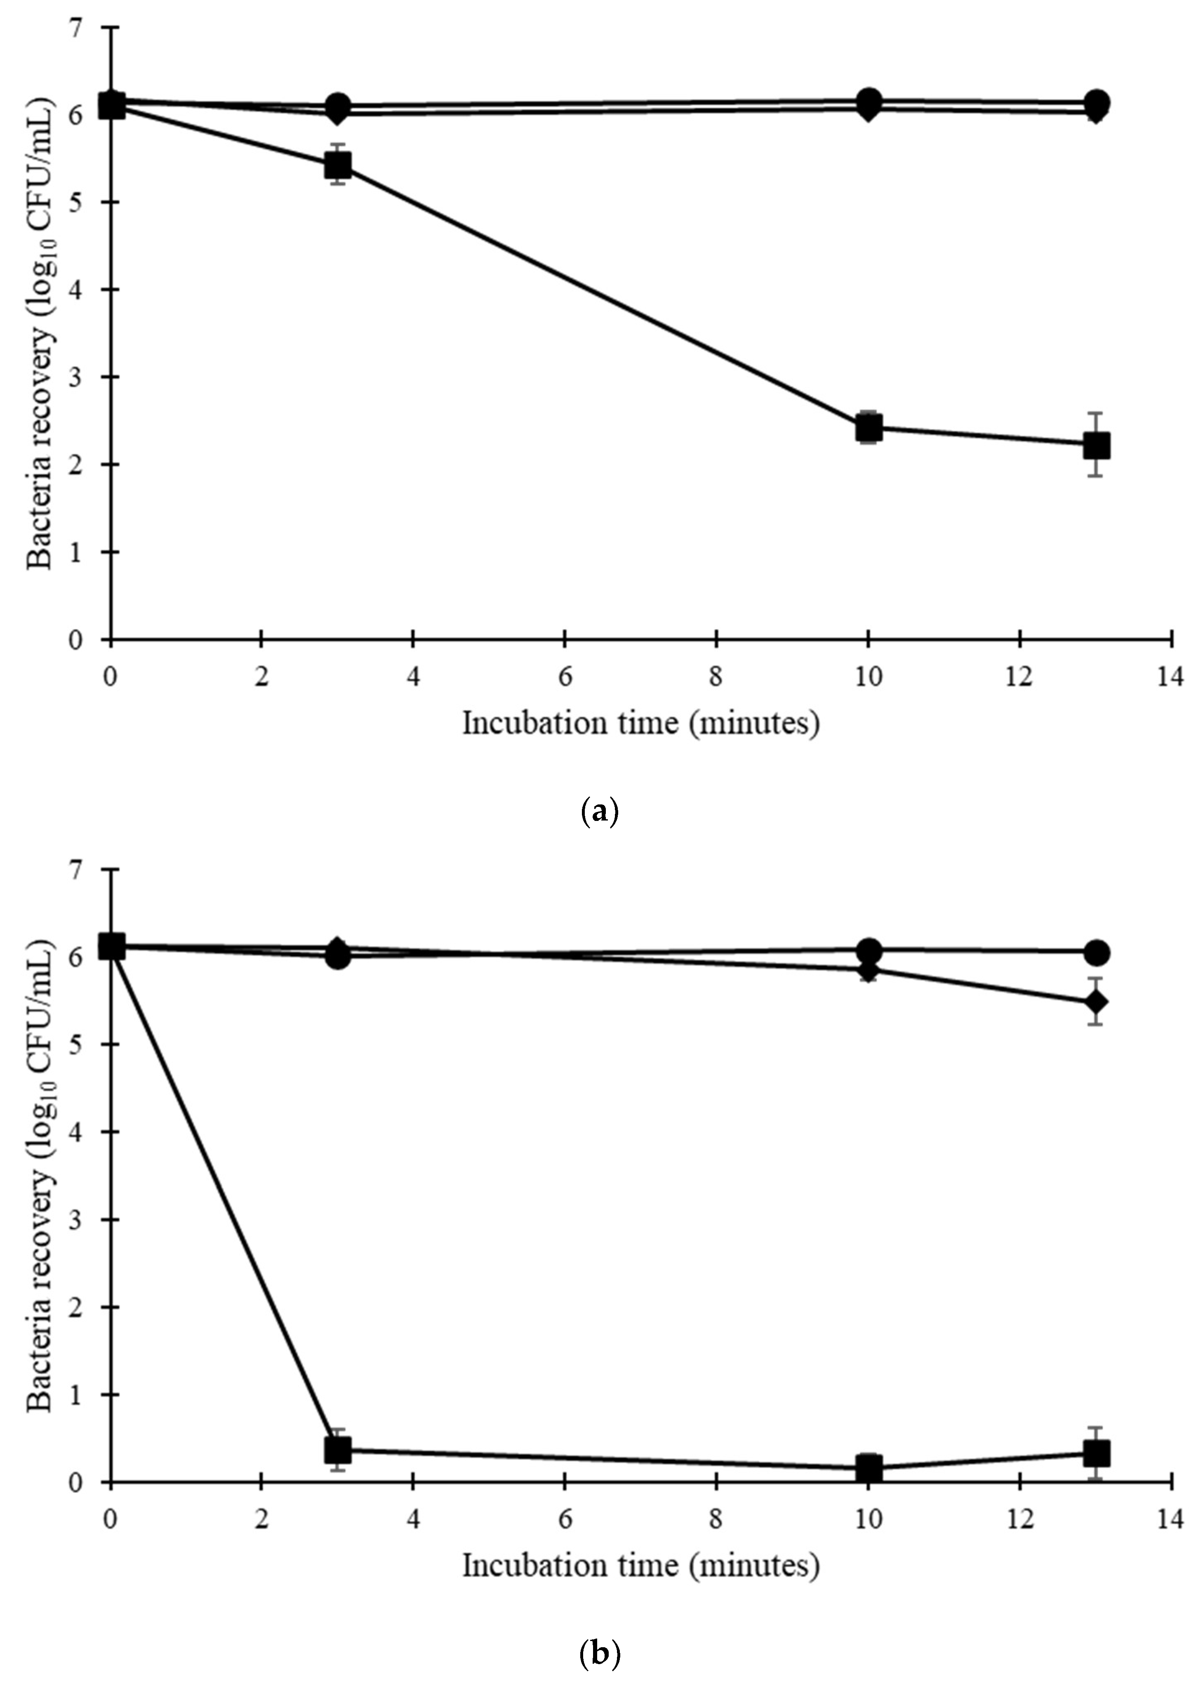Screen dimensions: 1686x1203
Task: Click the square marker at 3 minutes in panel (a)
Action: (x=338, y=165)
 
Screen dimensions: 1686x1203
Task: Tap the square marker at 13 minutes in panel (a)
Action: (x=1096, y=446)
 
